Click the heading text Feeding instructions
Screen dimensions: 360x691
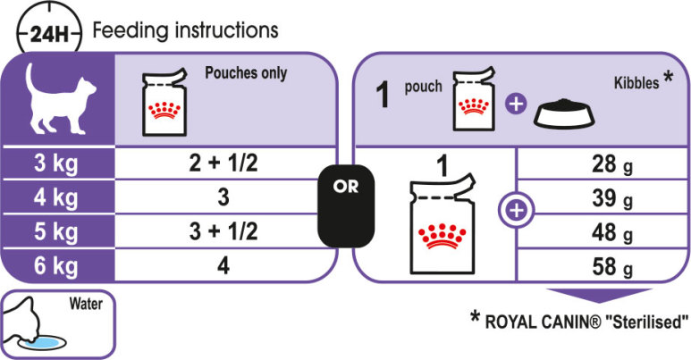186,30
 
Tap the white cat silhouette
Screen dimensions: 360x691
56,102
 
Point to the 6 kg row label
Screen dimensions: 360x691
57,265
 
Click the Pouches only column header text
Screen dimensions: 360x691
247,73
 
